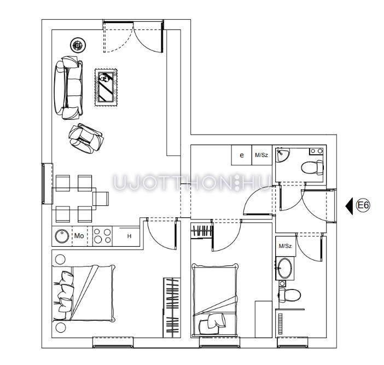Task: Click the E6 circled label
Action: coord(363,205)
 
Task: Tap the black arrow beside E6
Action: coord(349,206)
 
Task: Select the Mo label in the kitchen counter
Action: coord(79,236)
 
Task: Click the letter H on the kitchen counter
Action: coord(129,236)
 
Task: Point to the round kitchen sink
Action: coord(62,236)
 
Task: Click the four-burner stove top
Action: coord(102,236)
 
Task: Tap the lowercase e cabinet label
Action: coord(242,155)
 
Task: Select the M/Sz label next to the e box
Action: coord(261,155)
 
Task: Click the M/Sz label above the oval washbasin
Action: coord(285,246)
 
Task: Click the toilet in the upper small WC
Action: coord(312,167)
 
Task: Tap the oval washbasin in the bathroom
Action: coord(285,268)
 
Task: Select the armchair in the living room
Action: coord(86,138)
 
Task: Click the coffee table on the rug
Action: coord(106,87)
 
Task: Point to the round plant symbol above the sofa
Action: coord(78,45)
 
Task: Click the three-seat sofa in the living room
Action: coord(68,88)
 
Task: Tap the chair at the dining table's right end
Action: coord(101,199)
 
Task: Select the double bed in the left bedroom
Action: coord(84,293)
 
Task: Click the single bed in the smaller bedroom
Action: coord(215,299)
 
